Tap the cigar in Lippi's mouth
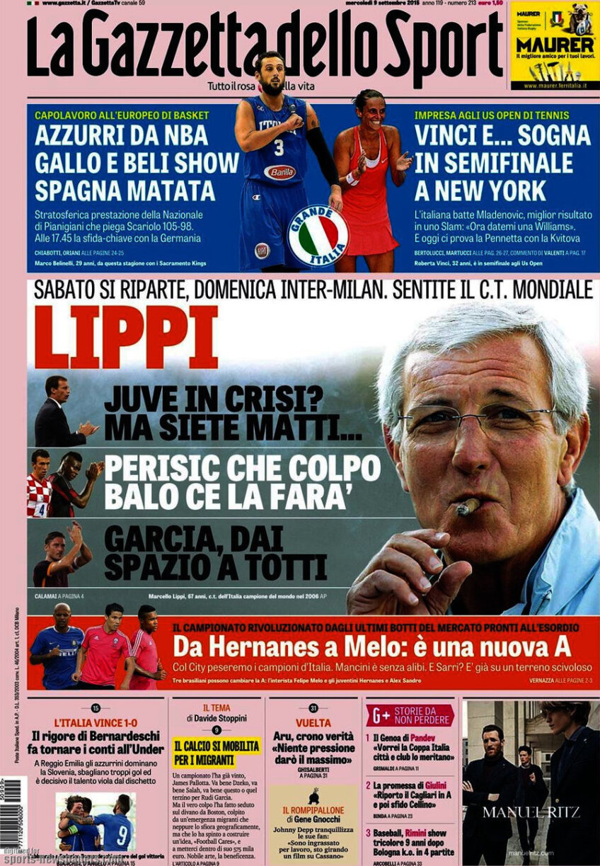[x=468, y=506]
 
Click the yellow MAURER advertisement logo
[x=554, y=45]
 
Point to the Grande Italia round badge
[x=318, y=236]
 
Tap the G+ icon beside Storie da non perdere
[x=379, y=715]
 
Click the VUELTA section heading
[x=313, y=723]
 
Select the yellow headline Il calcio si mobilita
[x=217, y=753]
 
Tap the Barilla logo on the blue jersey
[x=279, y=172]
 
